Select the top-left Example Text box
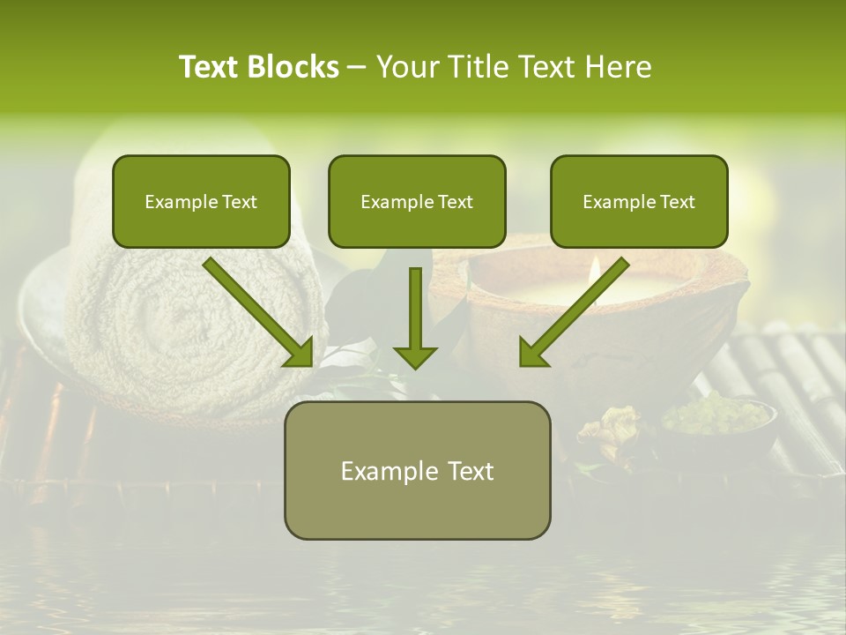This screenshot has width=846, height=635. click(201, 201)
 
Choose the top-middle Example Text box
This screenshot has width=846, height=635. click(417, 201)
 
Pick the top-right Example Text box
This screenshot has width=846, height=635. click(639, 201)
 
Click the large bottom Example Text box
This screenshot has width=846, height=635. click(417, 470)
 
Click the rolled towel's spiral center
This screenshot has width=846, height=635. click(181, 323)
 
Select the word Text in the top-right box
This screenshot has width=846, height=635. click(677, 201)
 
